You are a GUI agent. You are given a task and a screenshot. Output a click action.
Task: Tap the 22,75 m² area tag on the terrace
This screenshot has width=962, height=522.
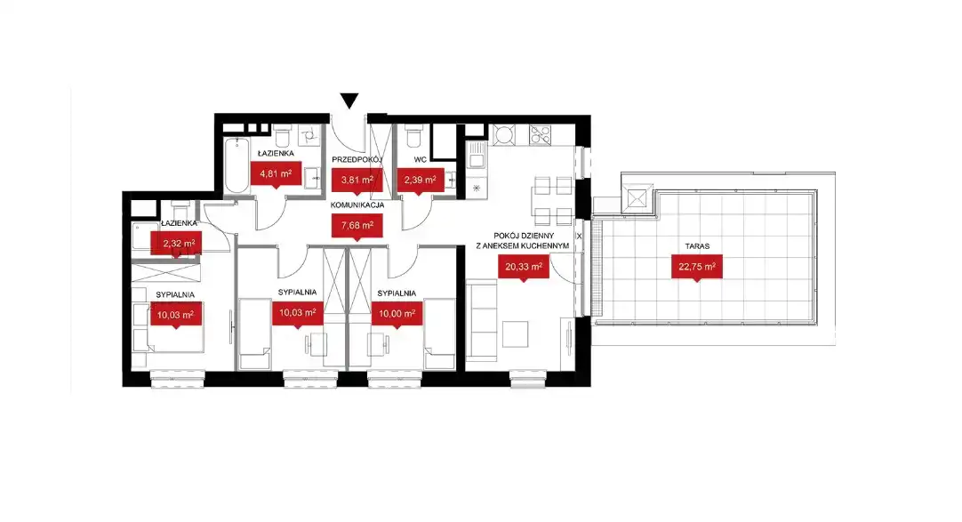(696, 267)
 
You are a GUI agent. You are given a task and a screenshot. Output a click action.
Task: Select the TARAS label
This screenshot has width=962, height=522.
(697, 246)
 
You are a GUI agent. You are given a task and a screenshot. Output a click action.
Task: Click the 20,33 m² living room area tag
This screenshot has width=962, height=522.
(524, 267)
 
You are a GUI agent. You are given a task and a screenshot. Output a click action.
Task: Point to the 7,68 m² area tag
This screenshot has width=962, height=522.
(357, 225)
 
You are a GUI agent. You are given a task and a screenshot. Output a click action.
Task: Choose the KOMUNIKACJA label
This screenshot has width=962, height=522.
(357, 205)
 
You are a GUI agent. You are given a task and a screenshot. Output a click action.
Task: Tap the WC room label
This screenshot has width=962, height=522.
(420, 159)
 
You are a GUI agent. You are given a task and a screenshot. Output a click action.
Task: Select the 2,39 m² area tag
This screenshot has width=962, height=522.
(420, 181)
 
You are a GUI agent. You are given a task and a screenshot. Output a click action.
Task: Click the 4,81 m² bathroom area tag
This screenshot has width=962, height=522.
(276, 173)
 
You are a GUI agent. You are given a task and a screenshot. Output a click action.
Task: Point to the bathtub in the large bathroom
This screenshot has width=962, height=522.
(236, 165)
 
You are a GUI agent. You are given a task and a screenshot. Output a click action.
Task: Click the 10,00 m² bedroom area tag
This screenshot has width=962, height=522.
(397, 313)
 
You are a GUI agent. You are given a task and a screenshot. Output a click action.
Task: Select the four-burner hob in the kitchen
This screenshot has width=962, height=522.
(541, 135)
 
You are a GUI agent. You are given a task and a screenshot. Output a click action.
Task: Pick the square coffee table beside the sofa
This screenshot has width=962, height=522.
(516, 334)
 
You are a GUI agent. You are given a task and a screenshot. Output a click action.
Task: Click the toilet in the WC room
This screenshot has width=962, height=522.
(413, 135)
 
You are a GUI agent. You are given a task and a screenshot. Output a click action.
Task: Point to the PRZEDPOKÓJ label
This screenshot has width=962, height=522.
(357, 159)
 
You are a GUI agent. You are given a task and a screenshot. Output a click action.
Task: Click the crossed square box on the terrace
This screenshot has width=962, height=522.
(637, 198)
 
